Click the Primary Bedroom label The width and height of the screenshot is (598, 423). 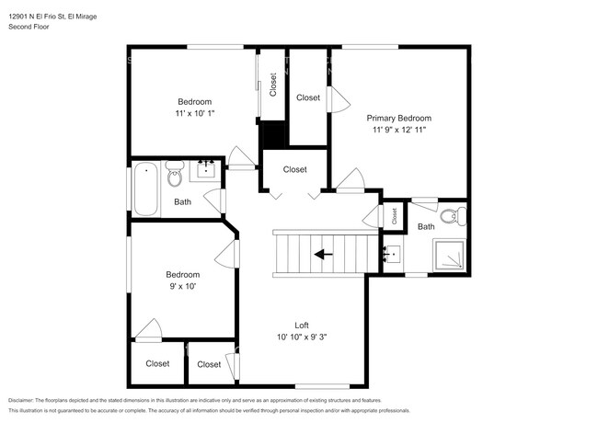[399, 118]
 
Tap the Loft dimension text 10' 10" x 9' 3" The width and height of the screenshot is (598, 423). [302, 337]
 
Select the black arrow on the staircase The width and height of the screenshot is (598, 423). [324, 254]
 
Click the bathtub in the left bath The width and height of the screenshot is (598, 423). [145, 189]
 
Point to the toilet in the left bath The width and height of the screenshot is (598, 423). [175, 174]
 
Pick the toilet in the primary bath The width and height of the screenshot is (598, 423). [454, 216]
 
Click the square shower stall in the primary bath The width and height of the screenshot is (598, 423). [449, 255]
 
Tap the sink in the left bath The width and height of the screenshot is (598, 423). [206, 170]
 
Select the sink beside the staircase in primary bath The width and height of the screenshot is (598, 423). [392, 255]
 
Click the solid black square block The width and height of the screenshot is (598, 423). [273, 135]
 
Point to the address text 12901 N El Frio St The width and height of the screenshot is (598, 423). [37, 17]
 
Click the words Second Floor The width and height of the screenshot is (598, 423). [29, 27]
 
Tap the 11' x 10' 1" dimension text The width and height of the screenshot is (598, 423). [195, 113]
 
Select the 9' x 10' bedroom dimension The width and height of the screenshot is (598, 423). [183, 286]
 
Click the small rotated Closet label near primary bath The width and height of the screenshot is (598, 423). [394, 216]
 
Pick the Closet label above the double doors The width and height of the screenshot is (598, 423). [295, 169]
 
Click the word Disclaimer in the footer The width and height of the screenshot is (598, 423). [21, 401]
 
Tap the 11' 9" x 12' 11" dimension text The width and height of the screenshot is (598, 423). [399, 130]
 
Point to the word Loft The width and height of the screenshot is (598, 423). [302, 325]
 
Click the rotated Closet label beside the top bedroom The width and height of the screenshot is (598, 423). [272, 85]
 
